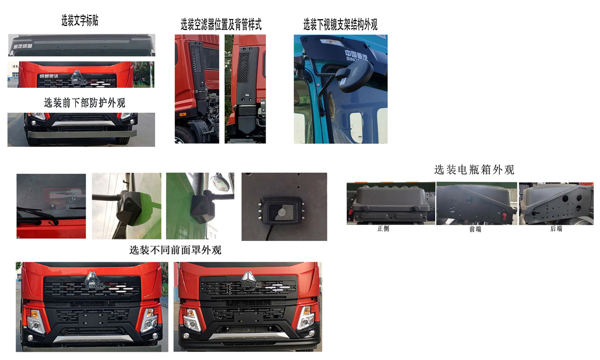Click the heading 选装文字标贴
pos(80,21)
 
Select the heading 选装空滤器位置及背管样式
pos(221,25)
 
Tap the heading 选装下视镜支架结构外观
pos(340,25)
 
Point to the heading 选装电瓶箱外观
pos(474,170)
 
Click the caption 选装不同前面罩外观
pos(175,250)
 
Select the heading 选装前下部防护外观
pos(84,103)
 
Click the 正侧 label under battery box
pos(383,229)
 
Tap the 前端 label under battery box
pos(475,229)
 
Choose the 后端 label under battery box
pos(556,229)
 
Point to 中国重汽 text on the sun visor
pos(356,55)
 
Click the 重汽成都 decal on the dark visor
pos(23,46)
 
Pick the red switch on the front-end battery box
pos(504,216)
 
